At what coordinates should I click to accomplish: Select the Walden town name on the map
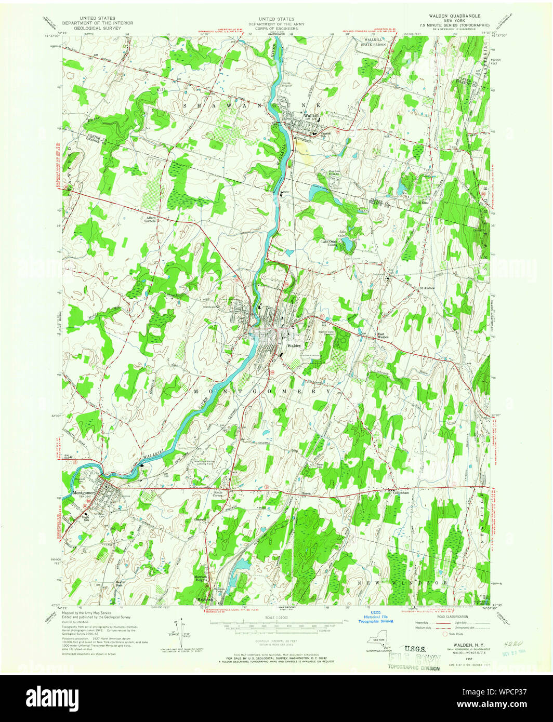coord(294,345)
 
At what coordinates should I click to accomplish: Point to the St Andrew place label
coord(427,287)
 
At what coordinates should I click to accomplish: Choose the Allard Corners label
coord(151,219)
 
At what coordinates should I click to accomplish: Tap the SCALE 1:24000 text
coord(276,617)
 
